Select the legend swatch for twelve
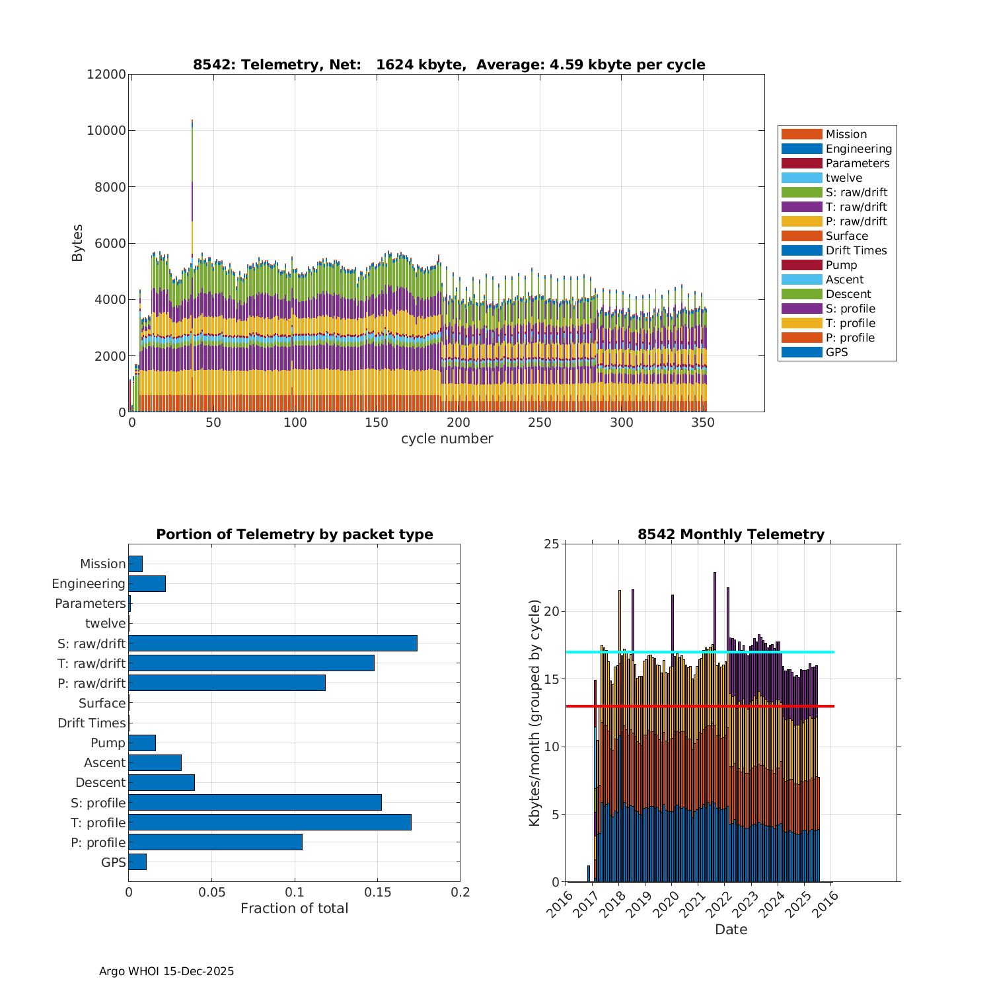tap(801, 178)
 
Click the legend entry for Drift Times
tap(856, 250)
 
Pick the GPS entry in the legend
tap(836, 352)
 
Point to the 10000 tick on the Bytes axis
tap(106, 130)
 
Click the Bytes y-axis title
tap(77, 243)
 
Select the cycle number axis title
tap(447, 439)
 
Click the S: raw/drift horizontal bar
tap(273, 643)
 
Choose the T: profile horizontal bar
tap(270, 822)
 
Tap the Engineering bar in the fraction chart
tap(147, 583)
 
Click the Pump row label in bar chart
tap(108, 743)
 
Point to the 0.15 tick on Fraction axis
tap(377, 893)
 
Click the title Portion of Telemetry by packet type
tap(295, 534)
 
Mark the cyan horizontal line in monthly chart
tap(700, 652)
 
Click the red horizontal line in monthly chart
tap(700, 706)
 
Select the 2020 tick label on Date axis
tap(664, 902)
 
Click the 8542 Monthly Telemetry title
tap(731, 534)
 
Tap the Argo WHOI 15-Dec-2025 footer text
tap(166, 971)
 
